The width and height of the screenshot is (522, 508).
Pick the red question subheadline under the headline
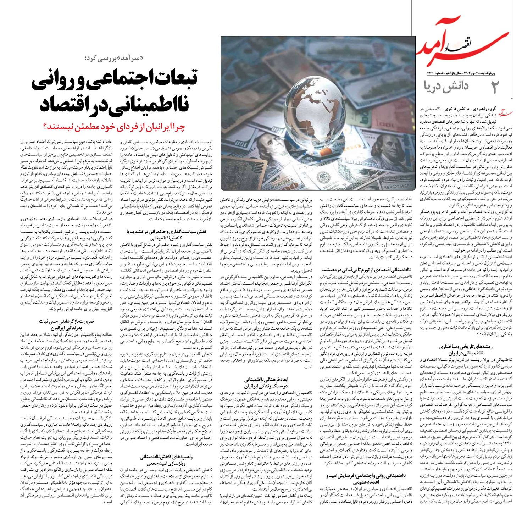tap(113, 126)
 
